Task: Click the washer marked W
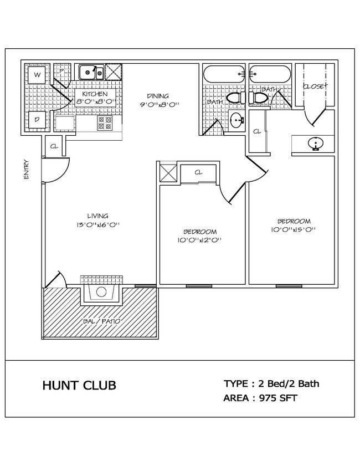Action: (38, 75)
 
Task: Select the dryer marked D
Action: (38, 119)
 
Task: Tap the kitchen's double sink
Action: (91, 72)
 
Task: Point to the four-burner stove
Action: (105, 122)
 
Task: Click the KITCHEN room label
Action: (94, 94)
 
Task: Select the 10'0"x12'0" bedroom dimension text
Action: (200, 240)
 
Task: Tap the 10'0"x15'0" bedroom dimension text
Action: (294, 230)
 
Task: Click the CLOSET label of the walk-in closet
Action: (314, 87)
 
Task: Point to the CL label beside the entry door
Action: (54, 147)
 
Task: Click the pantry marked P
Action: (62, 71)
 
